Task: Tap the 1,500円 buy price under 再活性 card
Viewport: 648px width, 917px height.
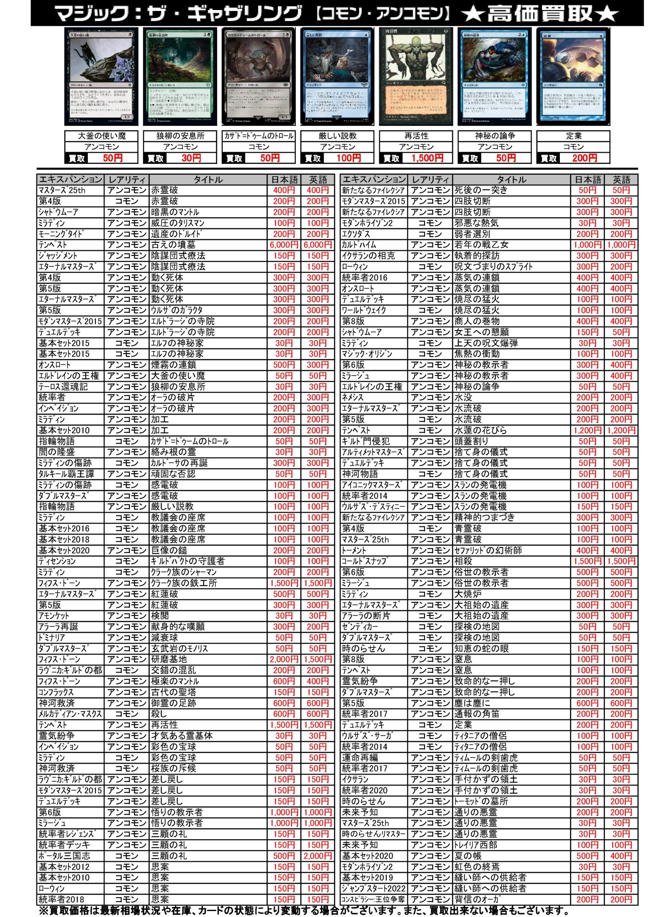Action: tap(427, 158)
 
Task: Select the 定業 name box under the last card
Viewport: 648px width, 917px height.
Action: tap(573, 136)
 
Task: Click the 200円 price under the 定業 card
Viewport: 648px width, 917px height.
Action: tap(584, 158)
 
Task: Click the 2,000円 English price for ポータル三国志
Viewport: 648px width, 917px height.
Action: tap(318, 856)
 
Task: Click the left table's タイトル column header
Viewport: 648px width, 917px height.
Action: tap(208, 180)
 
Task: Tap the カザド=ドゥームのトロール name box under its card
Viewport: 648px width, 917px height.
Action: tap(259, 136)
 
